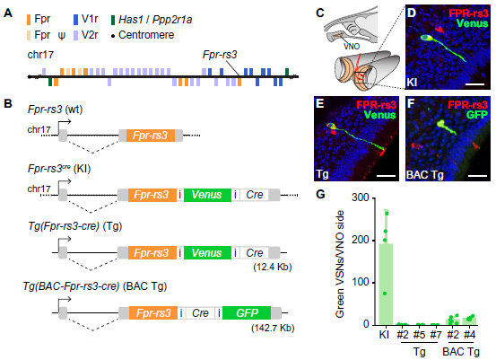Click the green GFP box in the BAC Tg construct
coord(247,312)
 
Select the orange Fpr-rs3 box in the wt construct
coord(151,136)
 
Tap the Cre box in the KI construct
coord(255,195)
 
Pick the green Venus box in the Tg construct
coord(207,253)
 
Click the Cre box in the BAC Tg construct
coord(200,312)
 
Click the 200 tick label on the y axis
coord(361,240)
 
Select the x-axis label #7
coord(436,335)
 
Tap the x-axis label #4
coord(469,335)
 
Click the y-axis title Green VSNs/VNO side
coord(340,263)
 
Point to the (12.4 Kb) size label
coord(273,267)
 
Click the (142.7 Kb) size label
coord(273,328)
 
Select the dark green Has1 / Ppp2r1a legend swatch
coord(113,20)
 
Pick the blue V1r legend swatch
coord(75,20)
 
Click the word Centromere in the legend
coord(146,35)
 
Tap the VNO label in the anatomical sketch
coord(352,47)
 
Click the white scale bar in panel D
coord(474,84)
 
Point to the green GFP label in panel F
coord(477,115)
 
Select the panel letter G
coord(320,194)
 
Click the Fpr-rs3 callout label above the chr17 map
coord(220,55)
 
